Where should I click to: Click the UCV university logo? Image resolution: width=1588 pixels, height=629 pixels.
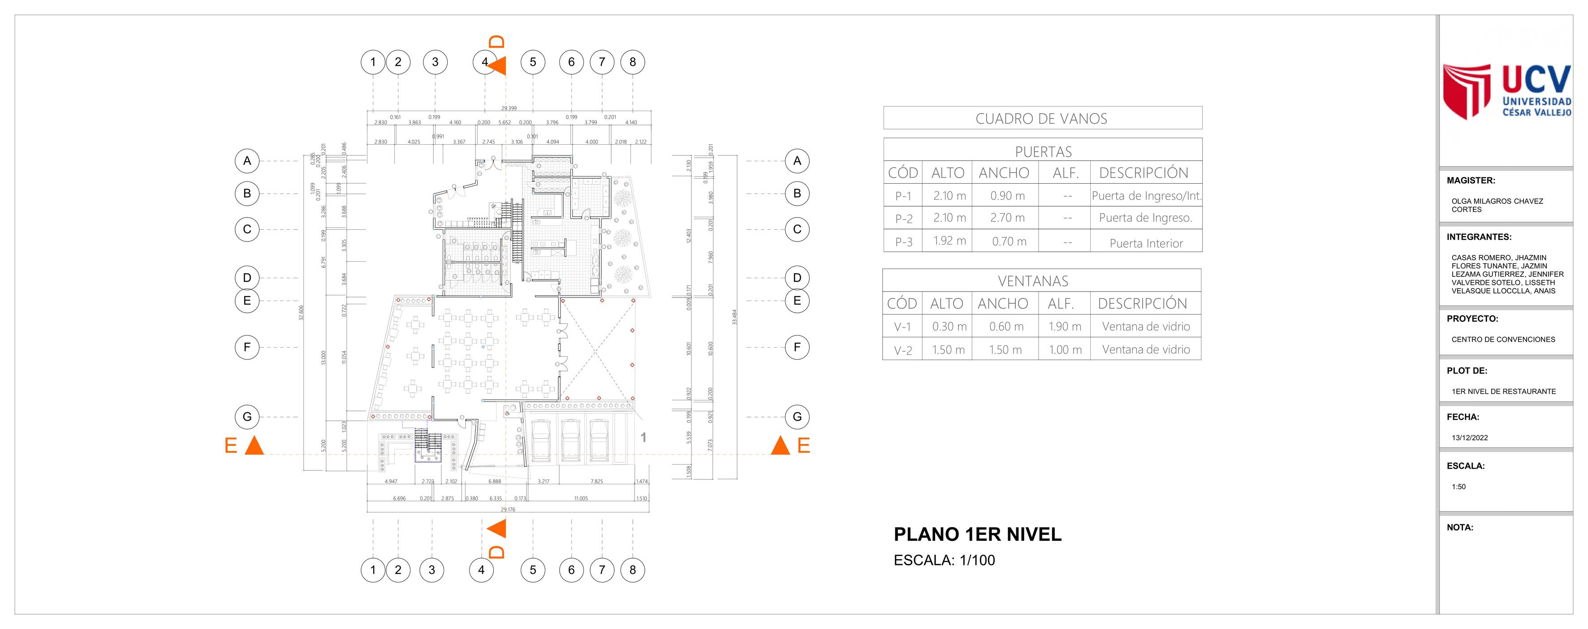(x=1506, y=92)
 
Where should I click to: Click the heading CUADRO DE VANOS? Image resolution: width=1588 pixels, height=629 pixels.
(x=1041, y=119)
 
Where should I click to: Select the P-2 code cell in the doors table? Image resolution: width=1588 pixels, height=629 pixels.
(x=903, y=219)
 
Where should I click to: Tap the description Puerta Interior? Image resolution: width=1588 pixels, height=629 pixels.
(x=1146, y=243)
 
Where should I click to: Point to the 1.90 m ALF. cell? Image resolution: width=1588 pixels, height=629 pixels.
(x=1065, y=327)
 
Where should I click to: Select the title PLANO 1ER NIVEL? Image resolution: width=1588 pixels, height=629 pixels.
(x=978, y=534)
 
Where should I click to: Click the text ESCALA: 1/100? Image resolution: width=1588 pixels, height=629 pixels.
(x=944, y=560)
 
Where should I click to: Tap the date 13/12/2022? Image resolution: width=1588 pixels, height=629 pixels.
(x=1470, y=438)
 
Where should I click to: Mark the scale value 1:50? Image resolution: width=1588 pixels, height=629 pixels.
(x=1459, y=487)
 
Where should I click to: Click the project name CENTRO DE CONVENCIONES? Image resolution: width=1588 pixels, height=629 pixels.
(x=1503, y=340)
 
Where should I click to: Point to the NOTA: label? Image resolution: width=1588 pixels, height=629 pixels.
(x=1460, y=527)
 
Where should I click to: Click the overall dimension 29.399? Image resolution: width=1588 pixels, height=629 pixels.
(x=509, y=108)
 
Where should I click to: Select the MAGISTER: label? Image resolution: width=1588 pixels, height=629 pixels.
(x=1471, y=181)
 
